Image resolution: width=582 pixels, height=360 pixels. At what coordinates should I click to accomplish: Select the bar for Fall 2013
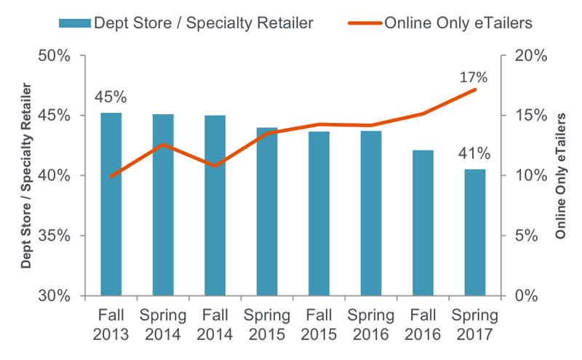pyautogui.click(x=111, y=204)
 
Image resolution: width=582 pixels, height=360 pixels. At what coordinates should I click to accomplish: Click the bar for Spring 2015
pyautogui.click(x=267, y=211)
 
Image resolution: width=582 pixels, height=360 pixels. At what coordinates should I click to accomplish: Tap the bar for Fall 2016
pyautogui.click(x=423, y=222)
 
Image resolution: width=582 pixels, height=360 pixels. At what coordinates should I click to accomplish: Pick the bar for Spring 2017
pyautogui.click(x=474, y=233)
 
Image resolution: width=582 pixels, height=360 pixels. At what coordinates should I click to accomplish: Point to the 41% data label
pyautogui.click(x=474, y=153)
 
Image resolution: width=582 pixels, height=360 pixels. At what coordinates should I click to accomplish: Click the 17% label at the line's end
pyautogui.click(x=473, y=76)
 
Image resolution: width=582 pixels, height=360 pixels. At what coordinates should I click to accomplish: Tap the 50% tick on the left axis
pyautogui.click(x=53, y=56)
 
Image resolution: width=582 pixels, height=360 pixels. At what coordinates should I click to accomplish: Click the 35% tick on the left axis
pyautogui.click(x=53, y=236)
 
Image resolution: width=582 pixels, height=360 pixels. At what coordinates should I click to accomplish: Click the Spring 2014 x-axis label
pyautogui.click(x=163, y=325)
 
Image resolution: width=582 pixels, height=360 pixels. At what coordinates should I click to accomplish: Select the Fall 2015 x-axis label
pyautogui.click(x=319, y=325)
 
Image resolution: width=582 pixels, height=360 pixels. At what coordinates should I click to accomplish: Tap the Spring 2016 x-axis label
pyautogui.click(x=371, y=325)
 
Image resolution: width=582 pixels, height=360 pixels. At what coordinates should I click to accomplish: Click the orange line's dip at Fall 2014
pyautogui.click(x=215, y=166)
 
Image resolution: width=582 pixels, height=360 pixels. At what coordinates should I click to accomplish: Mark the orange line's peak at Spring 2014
pyautogui.click(x=163, y=144)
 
